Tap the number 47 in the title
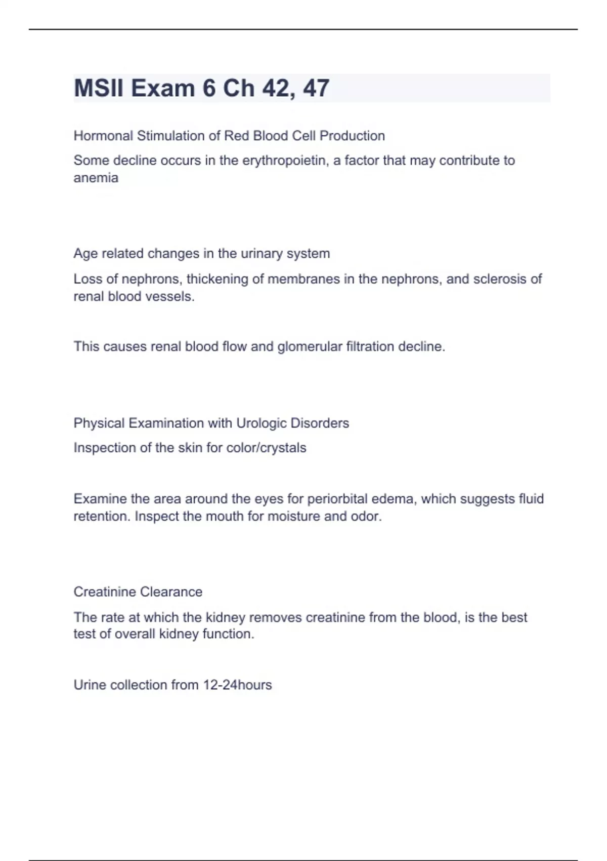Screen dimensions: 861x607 (316, 88)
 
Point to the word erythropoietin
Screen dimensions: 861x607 (284, 161)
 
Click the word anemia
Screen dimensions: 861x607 (96, 178)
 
